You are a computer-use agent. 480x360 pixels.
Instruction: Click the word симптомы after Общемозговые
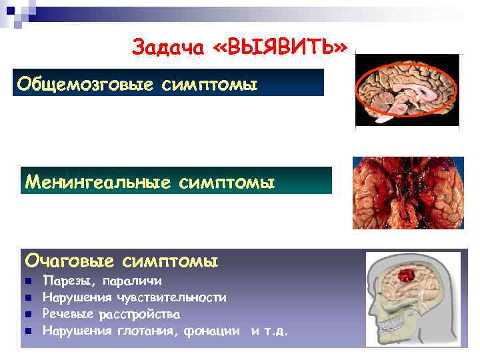coord(209,85)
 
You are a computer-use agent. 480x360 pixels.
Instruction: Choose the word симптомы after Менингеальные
coord(227,181)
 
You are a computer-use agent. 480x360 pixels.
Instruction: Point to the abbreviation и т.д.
coord(270,330)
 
